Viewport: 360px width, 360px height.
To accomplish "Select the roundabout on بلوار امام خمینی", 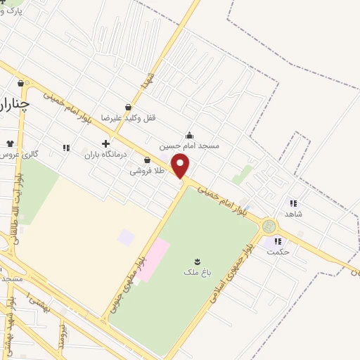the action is pos(269,226).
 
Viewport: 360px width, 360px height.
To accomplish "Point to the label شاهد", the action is pos(294,213).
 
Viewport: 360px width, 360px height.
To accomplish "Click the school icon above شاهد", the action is pos(292,203).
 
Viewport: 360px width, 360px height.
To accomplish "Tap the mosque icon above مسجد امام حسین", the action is pos(188,135).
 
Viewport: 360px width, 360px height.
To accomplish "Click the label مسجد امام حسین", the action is pos(189,146).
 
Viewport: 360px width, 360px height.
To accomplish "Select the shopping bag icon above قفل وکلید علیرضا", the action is pos(128,108).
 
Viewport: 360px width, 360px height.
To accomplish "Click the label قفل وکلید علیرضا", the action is pos(127,118).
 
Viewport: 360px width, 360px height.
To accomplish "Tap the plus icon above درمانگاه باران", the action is pos(105,144).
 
